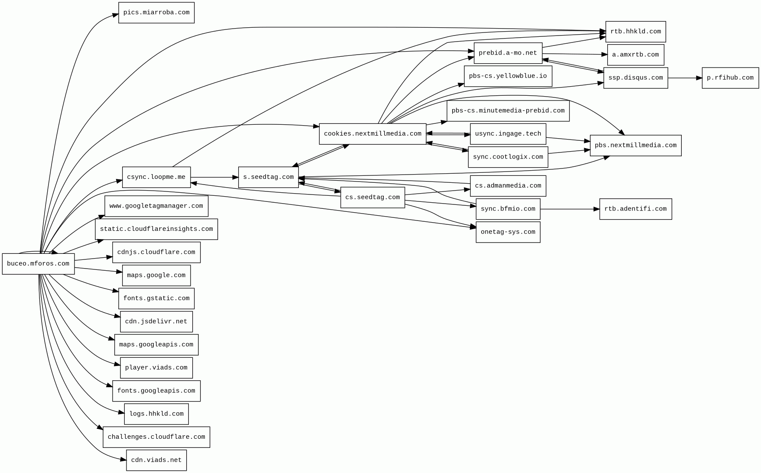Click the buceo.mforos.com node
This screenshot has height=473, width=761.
pos(38,264)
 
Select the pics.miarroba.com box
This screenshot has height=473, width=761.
pos(156,13)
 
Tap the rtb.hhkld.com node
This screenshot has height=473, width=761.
pos(635,32)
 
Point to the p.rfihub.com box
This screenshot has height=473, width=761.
pos(730,78)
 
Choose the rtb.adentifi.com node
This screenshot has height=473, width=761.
pos(635,209)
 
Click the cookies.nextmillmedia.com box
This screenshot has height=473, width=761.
pos(372,134)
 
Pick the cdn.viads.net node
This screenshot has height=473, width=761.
pos(156,460)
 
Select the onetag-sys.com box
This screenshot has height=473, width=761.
pos(508,232)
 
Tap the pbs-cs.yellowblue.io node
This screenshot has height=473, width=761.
pos(508,76)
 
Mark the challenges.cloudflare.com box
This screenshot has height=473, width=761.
pos(156,437)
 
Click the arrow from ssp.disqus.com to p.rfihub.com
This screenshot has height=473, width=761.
pos(684,78)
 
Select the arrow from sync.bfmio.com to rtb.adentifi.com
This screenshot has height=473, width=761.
pos(570,209)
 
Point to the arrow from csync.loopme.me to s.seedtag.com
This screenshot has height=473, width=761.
pos(214,177)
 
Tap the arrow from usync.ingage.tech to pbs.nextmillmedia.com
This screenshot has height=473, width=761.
pos(568,139)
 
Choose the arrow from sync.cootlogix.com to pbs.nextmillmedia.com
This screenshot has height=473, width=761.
pos(569,151)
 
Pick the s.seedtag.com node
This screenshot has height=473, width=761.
pos(268,177)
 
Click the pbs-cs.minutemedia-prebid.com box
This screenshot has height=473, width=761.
pos(508,111)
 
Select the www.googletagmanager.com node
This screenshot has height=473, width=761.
pos(156,206)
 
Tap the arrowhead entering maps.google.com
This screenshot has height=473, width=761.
pos(119,272)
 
